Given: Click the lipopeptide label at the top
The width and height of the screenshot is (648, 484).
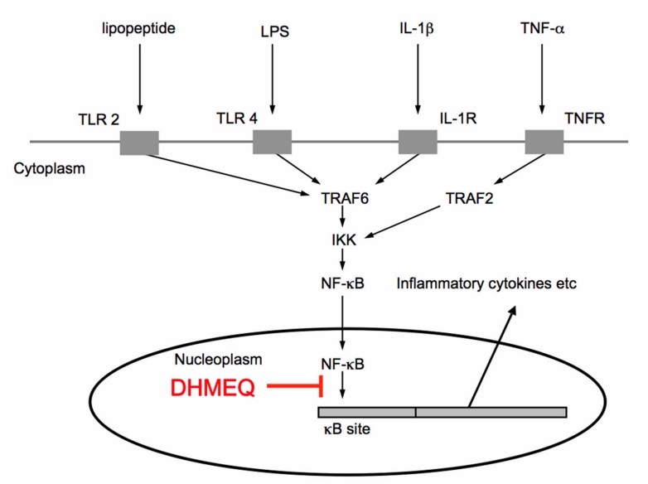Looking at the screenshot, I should click(139, 30).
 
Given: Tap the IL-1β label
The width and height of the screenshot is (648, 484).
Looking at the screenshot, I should click(418, 30).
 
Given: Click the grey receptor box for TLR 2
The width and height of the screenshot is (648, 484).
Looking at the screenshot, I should click(139, 142).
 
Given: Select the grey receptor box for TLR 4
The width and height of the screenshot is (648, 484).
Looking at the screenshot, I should click(272, 142).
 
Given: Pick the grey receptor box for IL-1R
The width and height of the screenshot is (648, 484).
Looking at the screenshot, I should click(418, 142).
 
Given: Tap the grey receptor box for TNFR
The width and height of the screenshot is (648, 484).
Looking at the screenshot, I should click(544, 142).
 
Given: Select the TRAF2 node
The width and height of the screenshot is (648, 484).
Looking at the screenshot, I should click(468, 198).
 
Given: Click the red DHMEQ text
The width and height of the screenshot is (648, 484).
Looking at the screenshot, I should click(213, 387).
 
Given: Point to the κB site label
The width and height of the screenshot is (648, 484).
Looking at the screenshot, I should click(342, 430).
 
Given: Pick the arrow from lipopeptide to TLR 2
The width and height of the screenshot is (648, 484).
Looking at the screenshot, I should click(139, 79).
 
